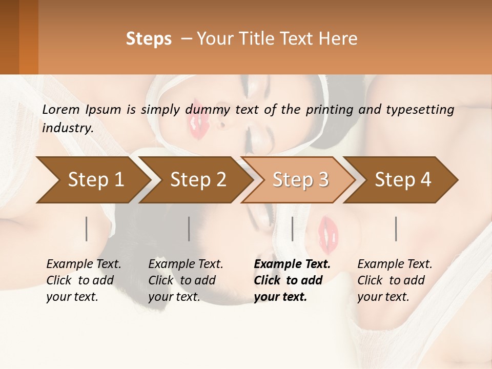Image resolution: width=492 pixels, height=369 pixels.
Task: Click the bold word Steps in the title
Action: [149, 39]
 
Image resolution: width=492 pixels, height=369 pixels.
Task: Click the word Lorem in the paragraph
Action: [61, 110]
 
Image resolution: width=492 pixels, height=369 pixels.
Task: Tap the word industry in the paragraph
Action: [68, 128]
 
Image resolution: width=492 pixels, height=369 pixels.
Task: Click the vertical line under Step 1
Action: [86, 229]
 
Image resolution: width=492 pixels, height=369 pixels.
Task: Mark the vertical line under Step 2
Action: [189, 229]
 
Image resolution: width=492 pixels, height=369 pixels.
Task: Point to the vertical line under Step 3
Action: [292, 229]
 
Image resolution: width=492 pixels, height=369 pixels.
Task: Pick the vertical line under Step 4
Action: [396, 229]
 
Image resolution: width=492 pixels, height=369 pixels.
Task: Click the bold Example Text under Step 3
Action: [292, 264]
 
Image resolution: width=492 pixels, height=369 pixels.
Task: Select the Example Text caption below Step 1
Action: [84, 264]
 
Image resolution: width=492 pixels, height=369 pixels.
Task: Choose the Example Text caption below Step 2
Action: [186, 264]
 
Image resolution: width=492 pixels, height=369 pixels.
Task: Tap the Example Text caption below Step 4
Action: [395, 264]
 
